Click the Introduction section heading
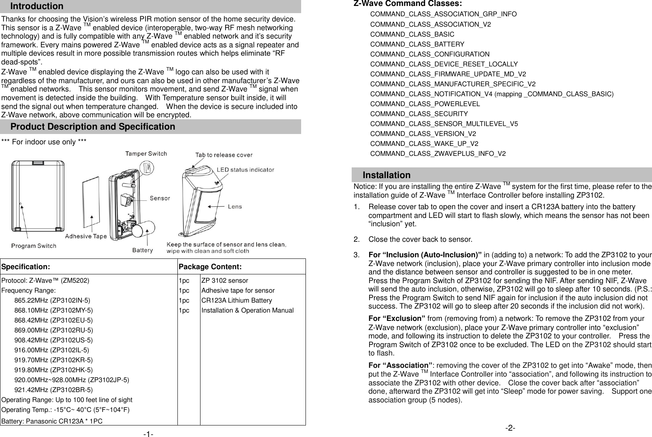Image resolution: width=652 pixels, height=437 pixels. point(37,6)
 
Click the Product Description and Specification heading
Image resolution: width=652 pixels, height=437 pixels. point(92,127)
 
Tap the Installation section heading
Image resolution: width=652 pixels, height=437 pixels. point(386,175)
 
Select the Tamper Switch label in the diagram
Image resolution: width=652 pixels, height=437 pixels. point(146,153)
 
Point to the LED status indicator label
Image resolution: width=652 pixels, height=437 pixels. point(245,170)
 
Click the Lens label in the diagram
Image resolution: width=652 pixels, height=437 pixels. point(234,206)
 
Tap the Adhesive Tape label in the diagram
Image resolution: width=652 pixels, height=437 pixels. point(86,236)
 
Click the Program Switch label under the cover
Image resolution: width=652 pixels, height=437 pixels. point(33,246)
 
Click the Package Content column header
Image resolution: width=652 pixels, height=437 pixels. point(210,266)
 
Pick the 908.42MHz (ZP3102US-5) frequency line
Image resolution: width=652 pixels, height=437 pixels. point(53,340)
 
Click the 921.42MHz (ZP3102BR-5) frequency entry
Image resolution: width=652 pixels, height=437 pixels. point(53,390)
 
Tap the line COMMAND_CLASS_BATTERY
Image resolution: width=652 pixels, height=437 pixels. point(417,44)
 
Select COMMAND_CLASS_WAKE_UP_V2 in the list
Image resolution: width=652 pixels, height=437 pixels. point(424,144)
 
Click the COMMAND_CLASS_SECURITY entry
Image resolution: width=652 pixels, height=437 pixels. point(419,114)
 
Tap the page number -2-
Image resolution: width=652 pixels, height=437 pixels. point(510,428)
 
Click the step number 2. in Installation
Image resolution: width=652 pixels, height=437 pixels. point(357,239)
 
